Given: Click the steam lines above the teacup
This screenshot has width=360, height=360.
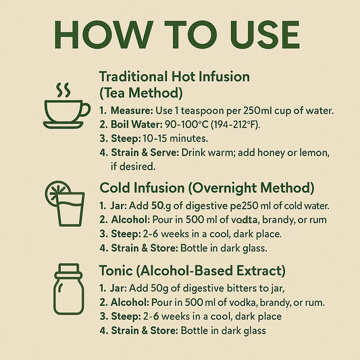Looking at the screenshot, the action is point(63,90).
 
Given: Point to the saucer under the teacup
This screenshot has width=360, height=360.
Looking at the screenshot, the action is point(63,125).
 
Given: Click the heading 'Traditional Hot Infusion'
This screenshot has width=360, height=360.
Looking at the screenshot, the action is point(174,76).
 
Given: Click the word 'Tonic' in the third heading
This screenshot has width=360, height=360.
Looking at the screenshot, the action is point(116,270).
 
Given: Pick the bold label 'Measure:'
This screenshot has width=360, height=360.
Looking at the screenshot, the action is point(132,111).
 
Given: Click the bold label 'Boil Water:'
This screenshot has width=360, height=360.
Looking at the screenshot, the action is point(137,125).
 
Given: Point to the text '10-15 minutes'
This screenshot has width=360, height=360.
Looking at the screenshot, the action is point(175,138).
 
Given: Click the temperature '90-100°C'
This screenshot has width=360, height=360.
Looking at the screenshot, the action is point(186,125).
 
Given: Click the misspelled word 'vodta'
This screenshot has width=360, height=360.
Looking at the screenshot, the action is point(244,220).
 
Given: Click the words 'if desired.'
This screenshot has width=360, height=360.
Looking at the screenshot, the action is point(133,166).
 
